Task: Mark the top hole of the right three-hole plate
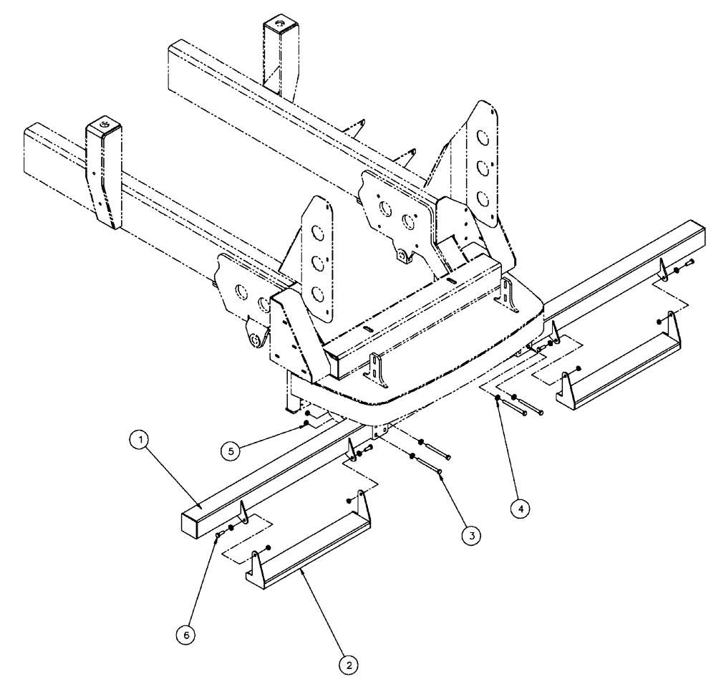pos(485,137)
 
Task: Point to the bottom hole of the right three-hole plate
pos(484,196)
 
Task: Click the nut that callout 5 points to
pos(306,424)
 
